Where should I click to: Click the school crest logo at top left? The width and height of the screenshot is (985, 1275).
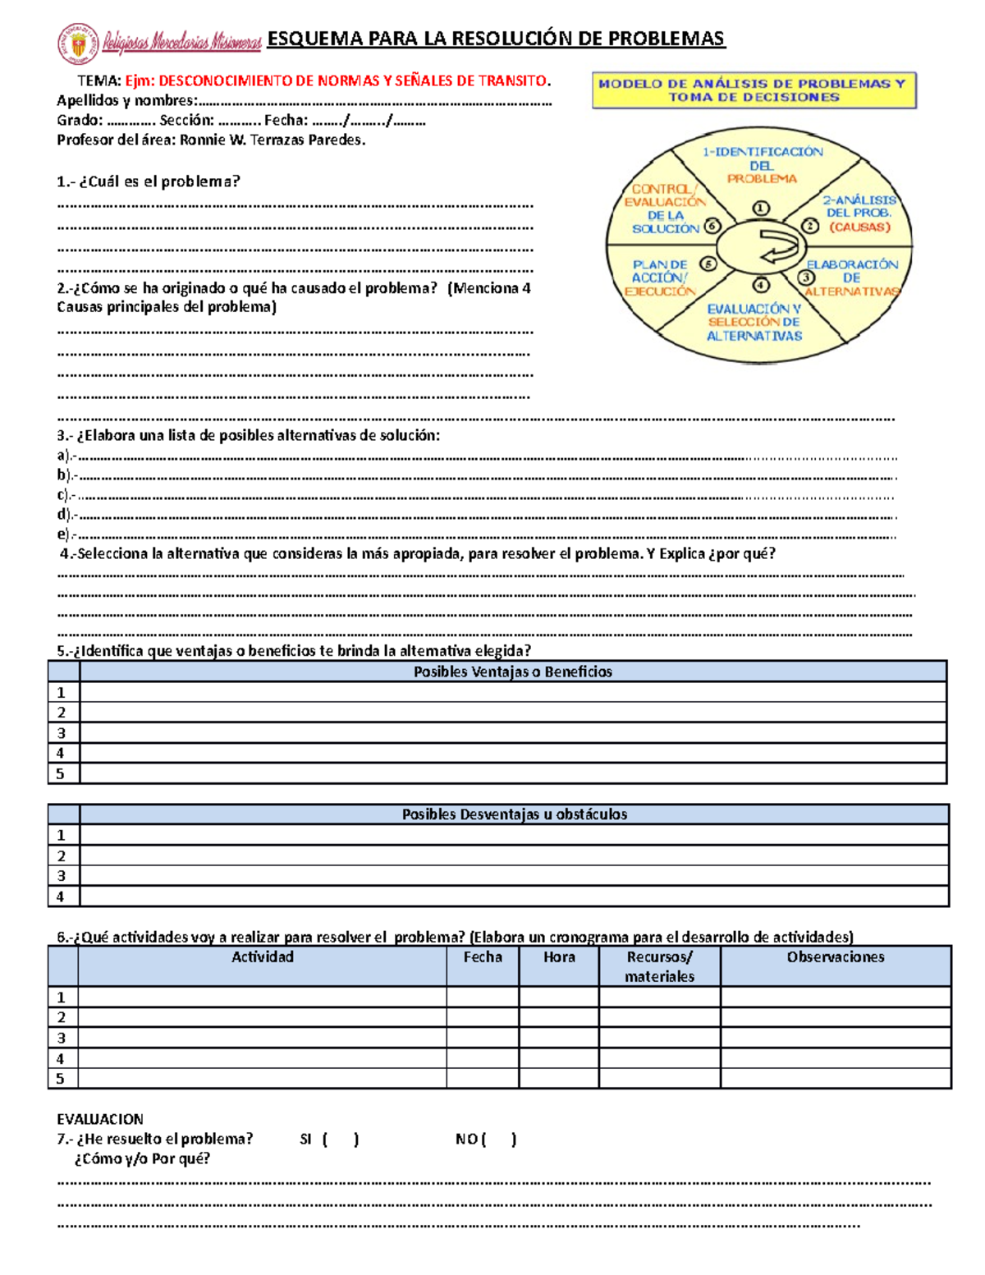coord(77,43)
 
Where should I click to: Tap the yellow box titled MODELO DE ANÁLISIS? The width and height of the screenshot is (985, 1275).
coord(754,90)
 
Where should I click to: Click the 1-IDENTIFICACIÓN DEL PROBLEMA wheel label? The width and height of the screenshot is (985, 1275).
coord(762,164)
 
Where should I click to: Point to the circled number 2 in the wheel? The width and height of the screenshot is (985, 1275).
coord(810,226)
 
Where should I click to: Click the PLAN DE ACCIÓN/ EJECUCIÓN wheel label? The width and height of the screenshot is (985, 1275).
coord(660,277)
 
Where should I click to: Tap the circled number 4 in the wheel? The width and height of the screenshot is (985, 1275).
coord(761,285)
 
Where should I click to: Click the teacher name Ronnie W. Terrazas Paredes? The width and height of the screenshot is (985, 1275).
coord(272,140)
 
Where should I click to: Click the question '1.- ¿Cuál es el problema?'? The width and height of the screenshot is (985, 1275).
coord(149,181)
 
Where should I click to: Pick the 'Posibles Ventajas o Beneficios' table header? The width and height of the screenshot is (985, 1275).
coord(512,672)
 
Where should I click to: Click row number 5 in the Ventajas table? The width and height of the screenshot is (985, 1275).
coord(61,773)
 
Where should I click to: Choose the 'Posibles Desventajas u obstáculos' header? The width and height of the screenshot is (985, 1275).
coord(514,814)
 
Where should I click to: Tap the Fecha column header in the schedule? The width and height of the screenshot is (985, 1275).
coord(483,957)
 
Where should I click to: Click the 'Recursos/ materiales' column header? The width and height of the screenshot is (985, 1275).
coord(659,966)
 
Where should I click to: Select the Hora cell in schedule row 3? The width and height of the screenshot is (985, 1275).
coord(559,1038)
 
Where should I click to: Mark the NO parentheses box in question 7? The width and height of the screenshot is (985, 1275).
coord(499,1140)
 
